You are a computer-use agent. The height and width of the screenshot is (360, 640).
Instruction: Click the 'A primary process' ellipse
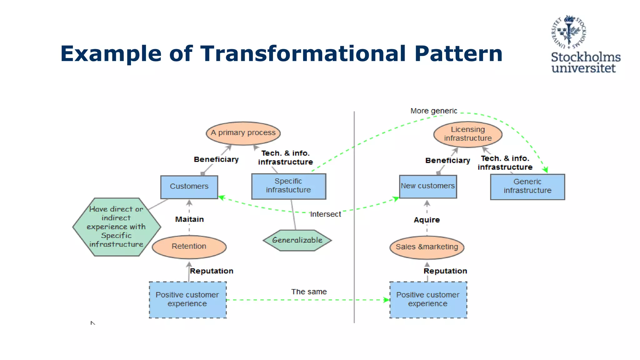click(x=243, y=133)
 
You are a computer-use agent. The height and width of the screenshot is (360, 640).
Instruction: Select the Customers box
click(x=189, y=187)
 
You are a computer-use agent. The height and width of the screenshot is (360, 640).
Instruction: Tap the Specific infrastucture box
click(x=288, y=186)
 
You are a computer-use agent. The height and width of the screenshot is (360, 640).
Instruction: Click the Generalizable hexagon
click(x=297, y=240)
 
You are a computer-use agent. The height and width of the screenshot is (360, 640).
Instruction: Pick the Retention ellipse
click(x=189, y=247)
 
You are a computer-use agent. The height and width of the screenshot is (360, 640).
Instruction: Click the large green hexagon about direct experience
click(x=116, y=227)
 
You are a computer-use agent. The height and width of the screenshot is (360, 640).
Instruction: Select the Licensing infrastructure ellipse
click(x=467, y=134)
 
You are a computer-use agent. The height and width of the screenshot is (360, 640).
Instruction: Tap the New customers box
click(x=428, y=187)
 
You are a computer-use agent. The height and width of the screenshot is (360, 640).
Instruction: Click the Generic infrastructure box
click(x=527, y=187)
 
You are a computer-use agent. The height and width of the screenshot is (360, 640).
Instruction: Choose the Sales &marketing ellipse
click(x=427, y=247)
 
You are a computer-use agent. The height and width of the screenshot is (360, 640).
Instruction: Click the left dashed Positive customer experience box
click(x=187, y=300)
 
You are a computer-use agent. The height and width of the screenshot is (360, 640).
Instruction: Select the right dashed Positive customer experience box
click(x=428, y=300)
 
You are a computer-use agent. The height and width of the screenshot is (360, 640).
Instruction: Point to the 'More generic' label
click(x=433, y=111)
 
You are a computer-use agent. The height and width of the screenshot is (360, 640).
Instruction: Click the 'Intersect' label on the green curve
click(x=325, y=214)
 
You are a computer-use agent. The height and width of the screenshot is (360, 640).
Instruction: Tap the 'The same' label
click(x=309, y=292)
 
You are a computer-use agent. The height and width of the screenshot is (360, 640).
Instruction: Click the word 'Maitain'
click(x=189, y=219)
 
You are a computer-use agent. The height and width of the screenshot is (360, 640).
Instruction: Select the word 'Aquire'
click(x=427, y=220)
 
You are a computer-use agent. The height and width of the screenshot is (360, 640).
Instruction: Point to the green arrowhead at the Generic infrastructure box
click(x=545, y=170)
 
